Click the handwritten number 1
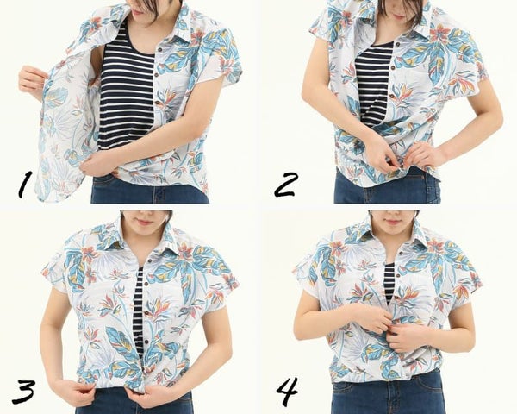(x=25, y=185)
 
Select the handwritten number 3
(x=23, y=392)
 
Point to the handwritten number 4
(x=287, y=392)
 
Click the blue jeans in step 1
(x=150, y=191)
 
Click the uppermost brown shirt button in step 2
(x=398, y=44)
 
